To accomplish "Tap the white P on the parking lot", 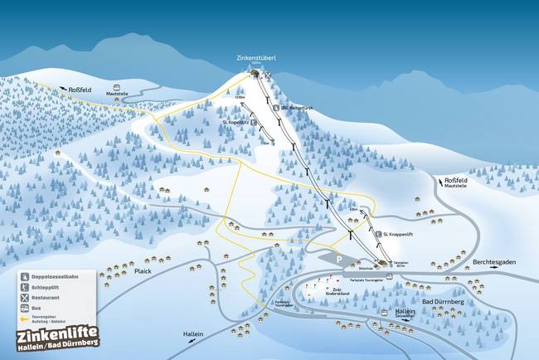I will [338, 259].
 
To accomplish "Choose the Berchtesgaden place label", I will [494, 262].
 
